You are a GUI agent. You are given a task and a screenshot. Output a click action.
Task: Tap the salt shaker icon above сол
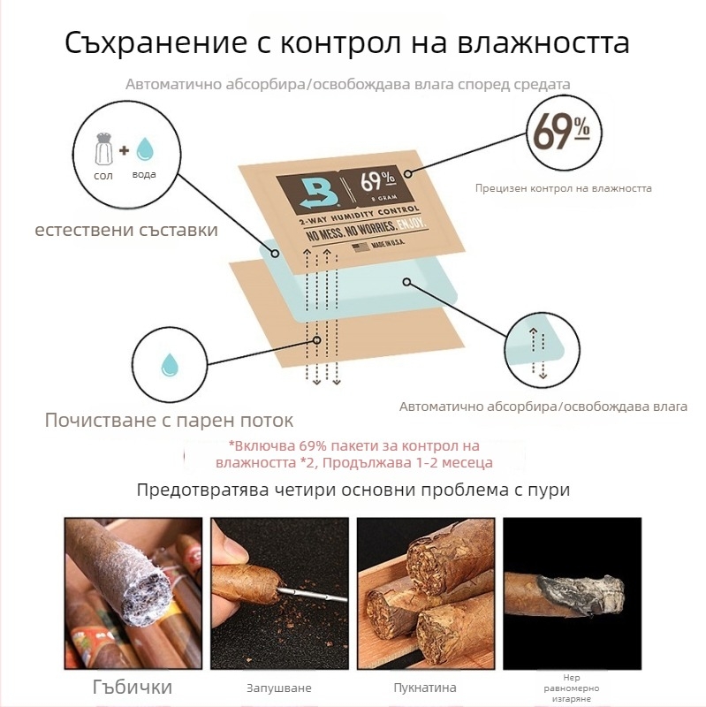coord(103,148)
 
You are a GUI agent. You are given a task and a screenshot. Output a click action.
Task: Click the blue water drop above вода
coord(145,149)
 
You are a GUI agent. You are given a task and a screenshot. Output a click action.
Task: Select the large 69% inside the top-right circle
coord(561,131)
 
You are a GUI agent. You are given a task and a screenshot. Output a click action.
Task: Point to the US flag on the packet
coord(361,247)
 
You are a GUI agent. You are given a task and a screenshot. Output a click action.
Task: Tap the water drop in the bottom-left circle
coord(170,365)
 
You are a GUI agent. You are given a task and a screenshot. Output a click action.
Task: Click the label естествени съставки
coord(126,230)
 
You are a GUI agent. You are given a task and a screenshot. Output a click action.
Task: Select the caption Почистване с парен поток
coord(169,421)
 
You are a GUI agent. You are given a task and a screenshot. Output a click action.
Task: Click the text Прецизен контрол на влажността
coord(564,188)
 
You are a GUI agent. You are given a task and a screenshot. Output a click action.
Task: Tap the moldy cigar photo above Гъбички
coord(133,593)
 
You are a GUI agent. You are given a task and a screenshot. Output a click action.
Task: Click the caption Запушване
coord(279,688)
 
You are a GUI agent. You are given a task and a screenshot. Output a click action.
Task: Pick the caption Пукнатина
coord(425,688)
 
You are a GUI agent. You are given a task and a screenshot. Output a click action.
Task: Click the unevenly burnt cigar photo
coord(572,593)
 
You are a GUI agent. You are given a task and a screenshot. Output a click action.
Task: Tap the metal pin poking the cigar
coord(311,594)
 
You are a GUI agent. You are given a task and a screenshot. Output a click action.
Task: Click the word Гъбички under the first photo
coord(133,688)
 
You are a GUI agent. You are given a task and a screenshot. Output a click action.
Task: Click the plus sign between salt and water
coord(124,150)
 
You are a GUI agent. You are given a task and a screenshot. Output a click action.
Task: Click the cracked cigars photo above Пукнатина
coord(426,593)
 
